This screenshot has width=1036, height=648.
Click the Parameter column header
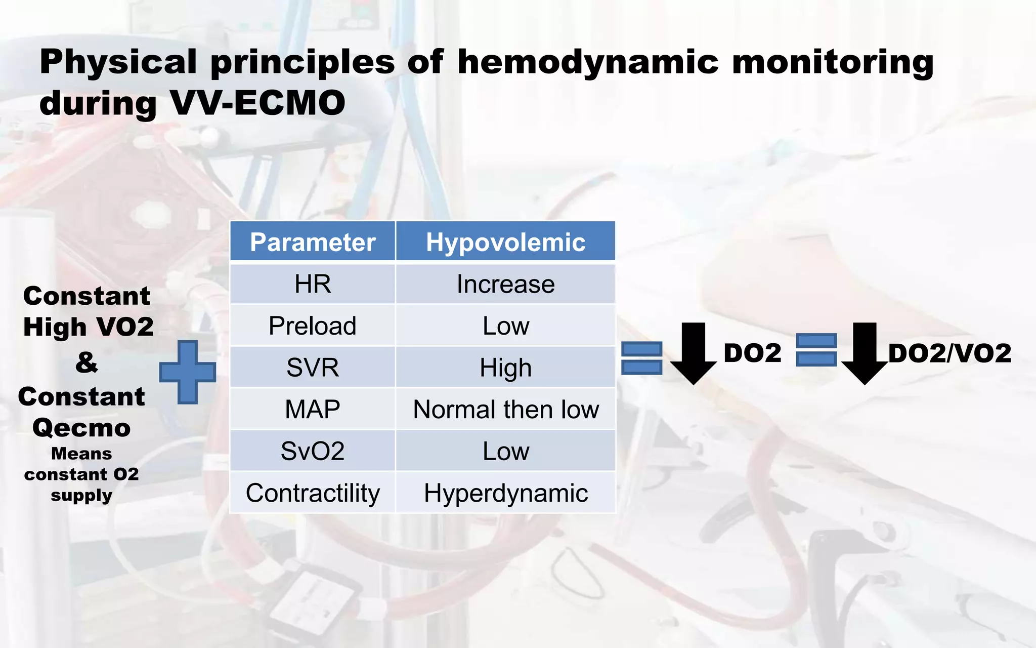tap(312, 242)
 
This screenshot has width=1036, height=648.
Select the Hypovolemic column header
tap(505, 242)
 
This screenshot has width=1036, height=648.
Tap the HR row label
tap(312, 284)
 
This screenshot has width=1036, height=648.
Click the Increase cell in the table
tap(505, 284)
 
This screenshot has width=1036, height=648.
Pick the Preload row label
tap(312, 326)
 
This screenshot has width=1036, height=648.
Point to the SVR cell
tap(312, 368)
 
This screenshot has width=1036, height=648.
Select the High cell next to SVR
tap(505, 368)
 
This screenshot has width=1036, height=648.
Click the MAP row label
tap(312, 409)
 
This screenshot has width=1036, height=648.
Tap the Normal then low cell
tap(505, 409)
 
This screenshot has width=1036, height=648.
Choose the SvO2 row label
tap(312, 451)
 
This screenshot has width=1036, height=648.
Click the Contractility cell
tap(312, 493)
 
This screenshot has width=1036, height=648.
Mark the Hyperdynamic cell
tap(505, 493)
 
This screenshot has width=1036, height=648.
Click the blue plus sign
tap(188, 372)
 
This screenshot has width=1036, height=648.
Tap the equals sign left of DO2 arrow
tap(641, 358)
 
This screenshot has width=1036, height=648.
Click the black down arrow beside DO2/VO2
tap(865, 353)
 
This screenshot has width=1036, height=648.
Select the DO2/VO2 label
tap(949, 353)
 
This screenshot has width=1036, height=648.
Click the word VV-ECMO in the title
tap(257, 103)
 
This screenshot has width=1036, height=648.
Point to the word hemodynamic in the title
tap(588, 63)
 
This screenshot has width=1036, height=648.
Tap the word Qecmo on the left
tap(81, 428)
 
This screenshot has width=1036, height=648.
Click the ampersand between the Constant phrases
tap(87, 362)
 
